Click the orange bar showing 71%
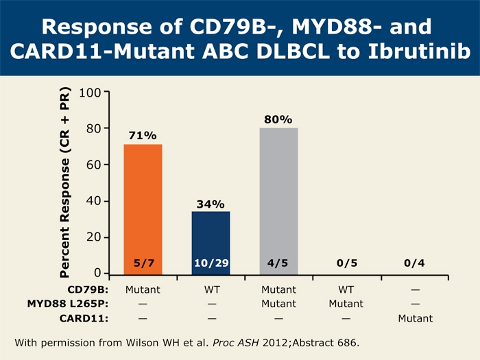pyautogui.click(x=143, y=209)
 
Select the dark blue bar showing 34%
pyautogui.click(x=211, y=243)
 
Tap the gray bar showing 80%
pyautogui.click(x=278, y=201)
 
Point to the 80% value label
pyautogui.click(x=278, y=119)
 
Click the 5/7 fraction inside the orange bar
pyautogui.click(x=144, y=263)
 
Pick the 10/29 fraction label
pyautogui.click(x=211, y=263)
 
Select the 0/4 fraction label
pyautogui.click(x=414, y=263)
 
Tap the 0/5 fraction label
pyautogui.click(x=347, y=263)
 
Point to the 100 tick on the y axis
pyautogui.click(x=90, y=93)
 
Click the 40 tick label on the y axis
pyautogui.click(x=94, y=201)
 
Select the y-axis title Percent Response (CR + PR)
pyautogui.click(x=65, y=182)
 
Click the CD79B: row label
pyautogui.click(x=88, y=289)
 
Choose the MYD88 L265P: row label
pyautogui.click(x=68, y=304)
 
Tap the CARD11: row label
pyautogui.click(x=84, y=318)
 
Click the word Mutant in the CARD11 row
pyautogui.click(x=416, y=318)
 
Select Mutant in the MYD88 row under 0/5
pyautogui.click(x=346, y=304)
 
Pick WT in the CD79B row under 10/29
pyautogui.click(x=212, y=289)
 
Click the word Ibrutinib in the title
pyautogui.click(x=419, y=51)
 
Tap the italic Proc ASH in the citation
pyautogui.click(x=236, y=343)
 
